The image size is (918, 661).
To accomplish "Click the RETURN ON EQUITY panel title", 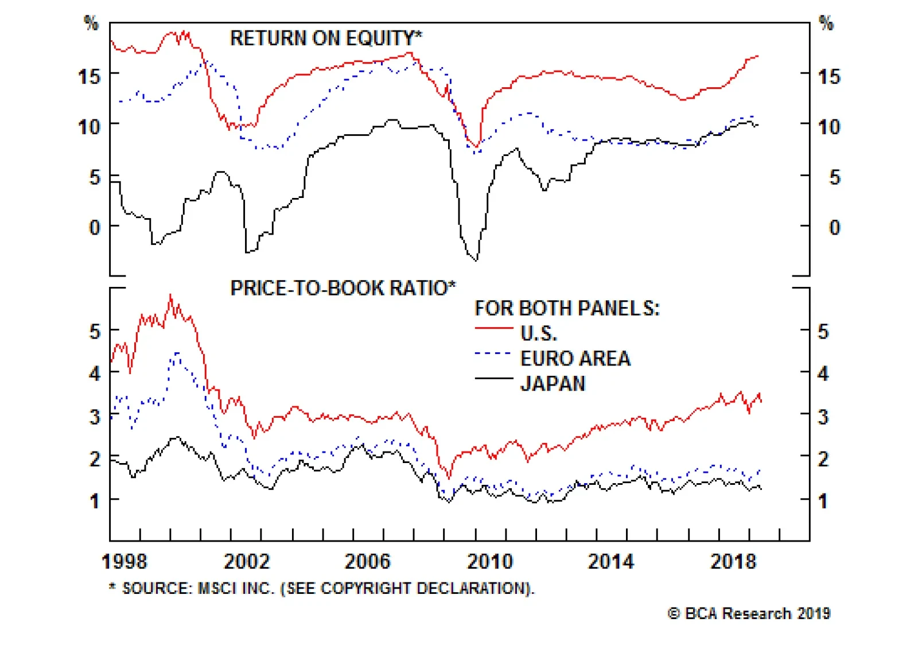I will pos(325,38).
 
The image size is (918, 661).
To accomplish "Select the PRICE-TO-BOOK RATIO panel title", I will pos(343,288).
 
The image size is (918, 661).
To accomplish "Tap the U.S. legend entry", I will pos(538,333).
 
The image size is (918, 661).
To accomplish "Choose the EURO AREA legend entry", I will pos(575,359).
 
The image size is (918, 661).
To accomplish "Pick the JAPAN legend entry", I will pos(553,383).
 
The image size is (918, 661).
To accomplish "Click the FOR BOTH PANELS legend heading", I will pos(567,309).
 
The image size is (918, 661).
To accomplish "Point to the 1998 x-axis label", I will pos(125,561).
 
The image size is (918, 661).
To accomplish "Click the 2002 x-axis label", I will pos(246,561).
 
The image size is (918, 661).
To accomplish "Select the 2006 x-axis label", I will pos(367,561).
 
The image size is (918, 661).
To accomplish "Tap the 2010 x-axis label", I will pos(489,561).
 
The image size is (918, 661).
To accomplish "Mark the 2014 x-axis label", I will pos(611,561).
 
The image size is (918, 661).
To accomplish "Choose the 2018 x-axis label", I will pos(733,561).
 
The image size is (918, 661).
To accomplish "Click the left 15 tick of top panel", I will pos(90,76).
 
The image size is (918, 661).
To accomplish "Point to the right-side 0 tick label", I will pos(834,228).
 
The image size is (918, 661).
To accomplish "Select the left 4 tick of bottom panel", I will pos(95,374).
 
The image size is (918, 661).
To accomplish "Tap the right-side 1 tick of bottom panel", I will pos(823,501).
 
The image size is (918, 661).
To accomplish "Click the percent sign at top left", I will pos(91,24).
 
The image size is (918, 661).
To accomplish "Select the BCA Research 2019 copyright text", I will pos(749,613).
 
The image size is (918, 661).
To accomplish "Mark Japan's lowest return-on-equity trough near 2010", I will pos(476,260).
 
